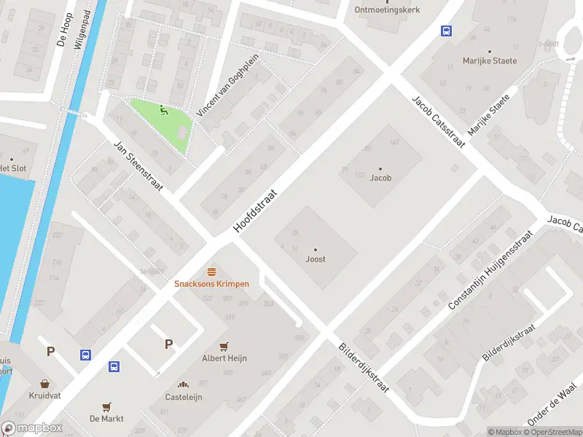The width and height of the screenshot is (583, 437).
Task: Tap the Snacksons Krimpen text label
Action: [x=211, y=283]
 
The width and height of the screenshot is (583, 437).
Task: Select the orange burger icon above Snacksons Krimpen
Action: [x=211, y=271]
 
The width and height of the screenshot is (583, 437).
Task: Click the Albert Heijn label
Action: [x=224, y=358]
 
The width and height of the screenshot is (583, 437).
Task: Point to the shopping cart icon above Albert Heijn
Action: [x=224, y=346]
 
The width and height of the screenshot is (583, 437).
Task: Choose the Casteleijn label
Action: [x=183, y=397]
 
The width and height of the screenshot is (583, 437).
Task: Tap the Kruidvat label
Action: [x=45, y=396]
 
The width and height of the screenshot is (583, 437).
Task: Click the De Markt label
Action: [x=106, y=419]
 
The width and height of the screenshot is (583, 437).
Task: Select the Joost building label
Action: [x=316, y=259]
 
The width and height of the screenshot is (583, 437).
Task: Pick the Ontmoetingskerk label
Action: [x=383, y=9]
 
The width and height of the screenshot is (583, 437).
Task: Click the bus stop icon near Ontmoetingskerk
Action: [x=445, y=31]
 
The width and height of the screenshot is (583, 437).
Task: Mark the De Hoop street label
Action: [x=65, y=29]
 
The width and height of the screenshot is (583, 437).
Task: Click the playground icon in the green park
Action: [x=163, y=111]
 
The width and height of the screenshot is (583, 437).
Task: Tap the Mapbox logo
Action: [x=32, y=428]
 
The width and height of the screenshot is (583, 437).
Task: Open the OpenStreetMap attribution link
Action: [x=552, y=432]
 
